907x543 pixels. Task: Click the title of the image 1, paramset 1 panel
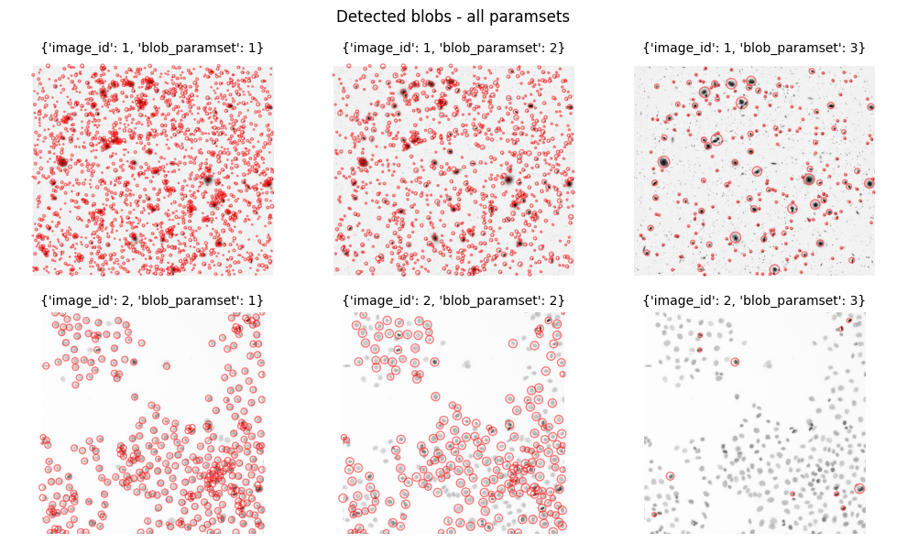(153, 48)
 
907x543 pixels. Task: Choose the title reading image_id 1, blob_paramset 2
(453, 48)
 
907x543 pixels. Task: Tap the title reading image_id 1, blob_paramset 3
(754, 48)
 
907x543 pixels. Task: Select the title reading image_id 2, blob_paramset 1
(153, 300)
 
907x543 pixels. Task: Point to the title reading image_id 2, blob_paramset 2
(453, 300)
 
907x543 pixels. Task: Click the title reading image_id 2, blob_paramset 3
(754, 300)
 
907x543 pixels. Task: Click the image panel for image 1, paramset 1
(153, 170)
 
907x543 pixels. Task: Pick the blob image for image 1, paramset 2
(453, 170)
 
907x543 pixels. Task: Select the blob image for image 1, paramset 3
(754, 170)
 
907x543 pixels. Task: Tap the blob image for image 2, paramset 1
(153, 423)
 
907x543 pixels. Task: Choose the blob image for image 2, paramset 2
(453, 423)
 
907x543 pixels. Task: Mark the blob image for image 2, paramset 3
(754, 423)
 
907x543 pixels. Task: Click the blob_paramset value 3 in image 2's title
(857, 300)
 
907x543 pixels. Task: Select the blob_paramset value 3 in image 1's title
(857, 48)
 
